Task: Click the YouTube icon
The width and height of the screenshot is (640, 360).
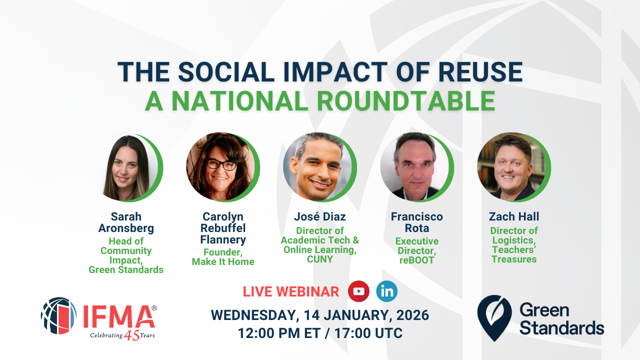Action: (x=358, y=291)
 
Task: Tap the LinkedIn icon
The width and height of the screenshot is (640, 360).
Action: (x=387, y=291)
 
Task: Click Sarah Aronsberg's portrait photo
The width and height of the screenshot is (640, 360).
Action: (x=126, y=167)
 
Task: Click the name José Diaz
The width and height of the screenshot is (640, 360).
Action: (x=320, y=217)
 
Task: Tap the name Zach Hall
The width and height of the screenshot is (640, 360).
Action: (x=514, y=217)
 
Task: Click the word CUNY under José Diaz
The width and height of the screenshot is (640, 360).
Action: (x=320, y=259)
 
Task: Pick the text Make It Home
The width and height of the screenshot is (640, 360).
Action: (x=223, y=261)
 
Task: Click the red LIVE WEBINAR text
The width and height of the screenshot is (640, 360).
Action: (x=291, y=291)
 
